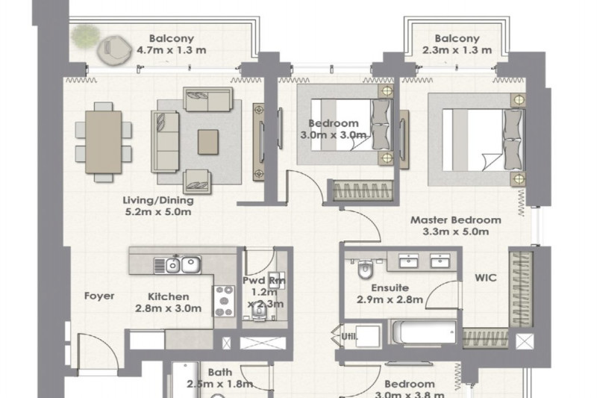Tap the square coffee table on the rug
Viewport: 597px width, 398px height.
(x=209, y=140)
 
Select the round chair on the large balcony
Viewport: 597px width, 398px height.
(x=113, y=50)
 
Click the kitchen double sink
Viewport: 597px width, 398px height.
(x=180, y=264)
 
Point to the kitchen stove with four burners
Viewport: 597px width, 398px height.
(x=224, y=301)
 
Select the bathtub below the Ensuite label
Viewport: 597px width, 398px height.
(x=422, y=334)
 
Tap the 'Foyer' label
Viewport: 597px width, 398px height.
(x=99, y=296)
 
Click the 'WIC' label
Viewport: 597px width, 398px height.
(x=486, y=278)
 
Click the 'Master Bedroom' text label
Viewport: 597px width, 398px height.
(x=455, y=220)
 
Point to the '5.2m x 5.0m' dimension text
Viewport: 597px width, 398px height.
(x=158, y=212)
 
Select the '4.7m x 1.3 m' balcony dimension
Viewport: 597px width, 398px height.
(x=172, y=51)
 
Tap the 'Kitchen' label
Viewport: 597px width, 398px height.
(x=167, y=296)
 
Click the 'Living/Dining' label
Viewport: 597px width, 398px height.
(x=158, y=200)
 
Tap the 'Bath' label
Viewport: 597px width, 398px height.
(x=220, y=371)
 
